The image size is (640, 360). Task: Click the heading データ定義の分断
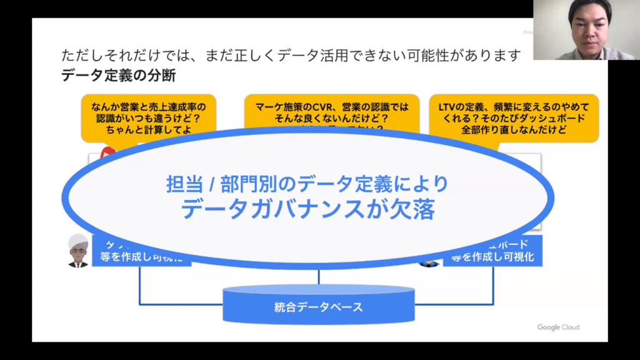tap(118, 76)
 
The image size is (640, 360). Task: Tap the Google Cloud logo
tap(558, 327)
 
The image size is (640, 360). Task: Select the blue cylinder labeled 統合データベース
tap(318, 306)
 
